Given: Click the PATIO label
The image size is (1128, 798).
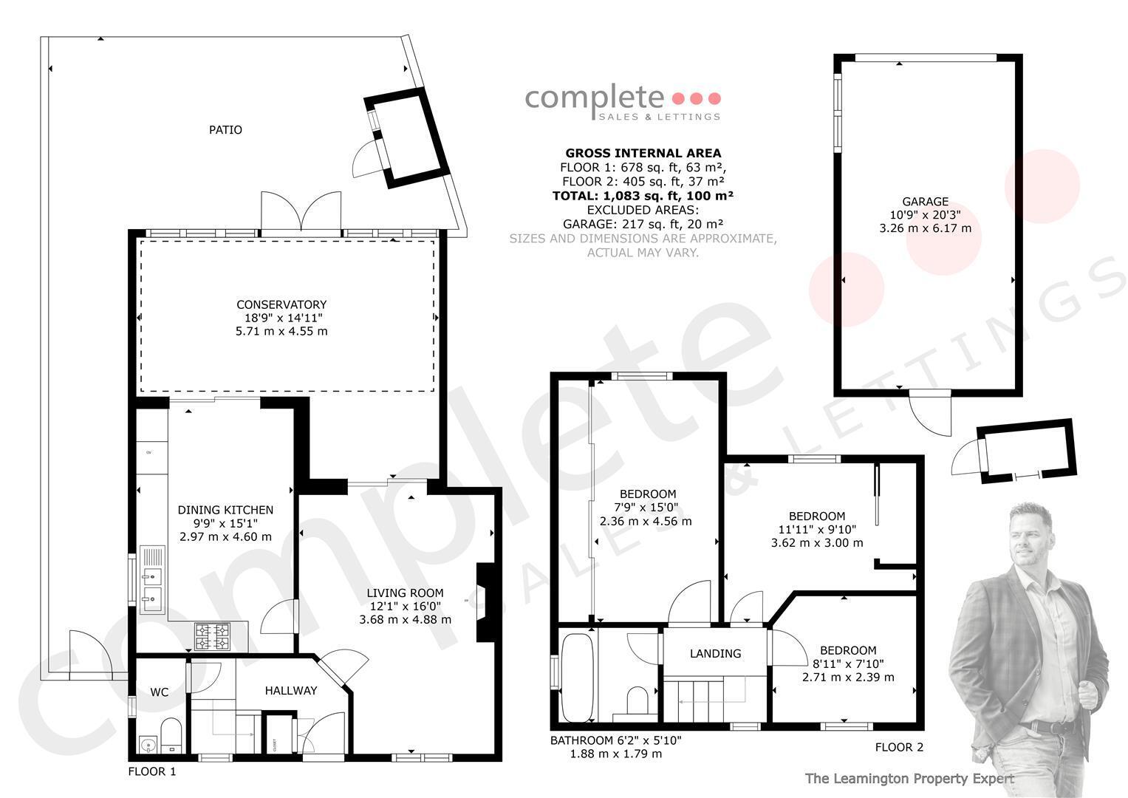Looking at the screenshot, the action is (x=225, y=130).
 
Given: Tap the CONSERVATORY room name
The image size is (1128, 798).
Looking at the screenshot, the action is (x=281, y=304).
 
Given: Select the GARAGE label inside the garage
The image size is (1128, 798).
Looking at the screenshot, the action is (x=925, y=202).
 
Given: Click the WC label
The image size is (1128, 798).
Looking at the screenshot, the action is (x=159, y=692).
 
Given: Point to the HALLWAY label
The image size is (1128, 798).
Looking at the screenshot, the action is (x=291, y=691).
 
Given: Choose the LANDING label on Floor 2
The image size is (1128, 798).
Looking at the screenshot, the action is (x=716, y=654).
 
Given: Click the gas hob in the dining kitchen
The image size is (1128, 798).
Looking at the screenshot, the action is (x=213, y=635).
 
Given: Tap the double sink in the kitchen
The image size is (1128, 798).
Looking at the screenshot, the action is (x=152, y=579).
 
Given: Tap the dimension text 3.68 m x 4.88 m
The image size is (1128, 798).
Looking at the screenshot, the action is (x=406, y=620).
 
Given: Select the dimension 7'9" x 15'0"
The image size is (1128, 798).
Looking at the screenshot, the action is (x=646, y=508).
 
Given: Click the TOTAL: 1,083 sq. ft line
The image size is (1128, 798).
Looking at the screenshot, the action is (x=643, y=196).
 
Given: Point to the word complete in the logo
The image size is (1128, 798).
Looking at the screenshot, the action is (x=594, y=99).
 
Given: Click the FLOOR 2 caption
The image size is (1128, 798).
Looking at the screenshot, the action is (x=900, y=747).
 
